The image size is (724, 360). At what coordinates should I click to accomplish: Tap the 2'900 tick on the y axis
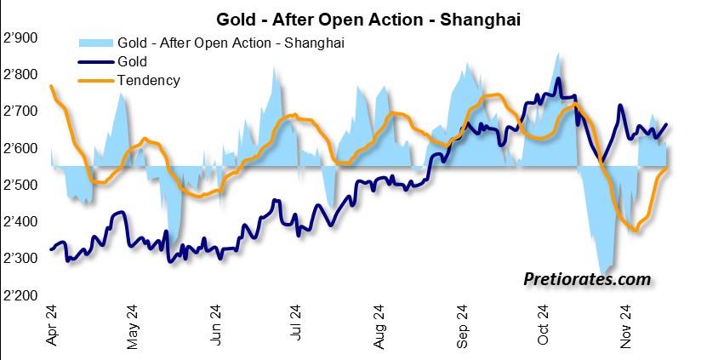21,38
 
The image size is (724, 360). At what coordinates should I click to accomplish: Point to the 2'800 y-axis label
21,75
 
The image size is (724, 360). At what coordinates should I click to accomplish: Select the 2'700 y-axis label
21,111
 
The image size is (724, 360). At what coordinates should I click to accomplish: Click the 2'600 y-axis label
21,148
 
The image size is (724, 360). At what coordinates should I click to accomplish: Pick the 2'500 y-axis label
21,185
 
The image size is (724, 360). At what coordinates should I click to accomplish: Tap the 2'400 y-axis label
21,221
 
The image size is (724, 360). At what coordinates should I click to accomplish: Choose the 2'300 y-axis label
21,258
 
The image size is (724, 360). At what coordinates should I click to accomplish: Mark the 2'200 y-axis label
21,294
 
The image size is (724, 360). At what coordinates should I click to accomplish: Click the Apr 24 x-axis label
53,328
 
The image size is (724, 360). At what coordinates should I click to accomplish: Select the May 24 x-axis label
134,328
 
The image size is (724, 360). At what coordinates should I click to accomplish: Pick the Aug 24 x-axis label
380,328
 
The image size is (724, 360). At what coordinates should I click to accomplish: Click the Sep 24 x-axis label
463,328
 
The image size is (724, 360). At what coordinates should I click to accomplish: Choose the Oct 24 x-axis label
544,328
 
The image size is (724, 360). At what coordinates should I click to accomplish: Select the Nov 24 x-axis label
628,328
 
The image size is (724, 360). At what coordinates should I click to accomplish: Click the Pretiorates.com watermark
586,278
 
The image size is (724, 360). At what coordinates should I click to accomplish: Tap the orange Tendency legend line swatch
94,81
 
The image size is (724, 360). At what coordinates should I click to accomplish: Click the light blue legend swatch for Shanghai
94,42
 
